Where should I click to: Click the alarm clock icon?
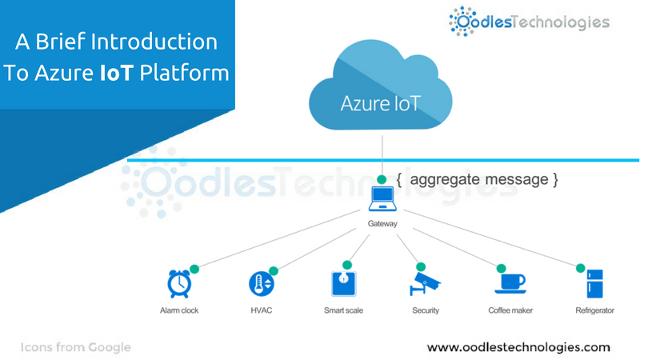178,284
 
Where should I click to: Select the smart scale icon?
343,284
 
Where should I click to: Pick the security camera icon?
424,284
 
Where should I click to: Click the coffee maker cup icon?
510,284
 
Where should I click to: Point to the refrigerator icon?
594,284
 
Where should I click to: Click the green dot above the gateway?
382,178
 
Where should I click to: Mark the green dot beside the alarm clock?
194,267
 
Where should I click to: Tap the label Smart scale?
343,310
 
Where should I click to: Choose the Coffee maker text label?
510,310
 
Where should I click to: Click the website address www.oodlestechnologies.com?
518,347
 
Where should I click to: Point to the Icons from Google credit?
76,347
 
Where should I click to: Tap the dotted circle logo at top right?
464,22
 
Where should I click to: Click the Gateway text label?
382,224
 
